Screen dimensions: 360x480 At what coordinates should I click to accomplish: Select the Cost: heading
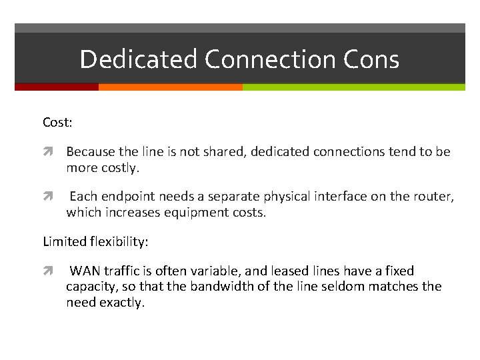tap(57, 123)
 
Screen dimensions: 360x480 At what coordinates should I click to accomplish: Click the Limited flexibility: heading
tap(95, 241)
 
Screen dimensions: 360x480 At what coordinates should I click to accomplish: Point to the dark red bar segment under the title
tap(56, 87)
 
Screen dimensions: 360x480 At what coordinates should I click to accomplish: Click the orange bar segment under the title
tap(170, 87)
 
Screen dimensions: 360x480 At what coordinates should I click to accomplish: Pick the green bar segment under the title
tap(353, 87)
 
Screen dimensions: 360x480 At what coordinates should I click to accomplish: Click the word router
tap(434, 197)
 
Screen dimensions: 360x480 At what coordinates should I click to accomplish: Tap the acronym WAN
tap(85, 271)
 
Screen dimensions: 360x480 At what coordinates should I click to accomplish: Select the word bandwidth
tap(243, 287)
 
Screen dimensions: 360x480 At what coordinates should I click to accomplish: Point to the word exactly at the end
tap(122, 303)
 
